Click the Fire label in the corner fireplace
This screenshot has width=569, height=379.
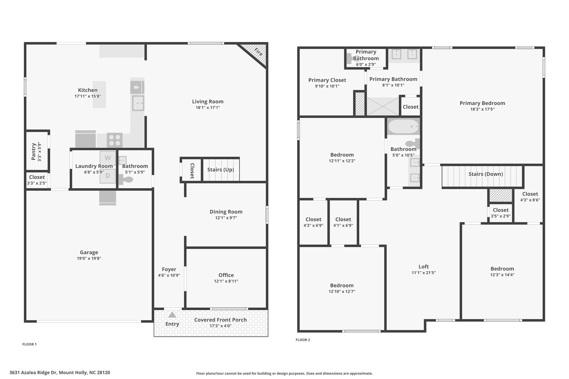[x=258, y=52]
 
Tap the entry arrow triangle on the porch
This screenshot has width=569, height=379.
[x=172, y=315]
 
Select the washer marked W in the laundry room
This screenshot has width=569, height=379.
[x=108, y=158]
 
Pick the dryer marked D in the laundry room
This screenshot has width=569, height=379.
[x=108, y=176]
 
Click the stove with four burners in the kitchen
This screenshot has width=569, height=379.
[x=115, y=140]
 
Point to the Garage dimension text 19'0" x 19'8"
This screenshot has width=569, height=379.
[x=89, y=258]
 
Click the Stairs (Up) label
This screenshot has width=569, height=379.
[x=221, y=169]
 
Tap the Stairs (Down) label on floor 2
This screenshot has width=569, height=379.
[x=486, y=174]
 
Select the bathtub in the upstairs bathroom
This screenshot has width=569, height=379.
[x=403, y=127]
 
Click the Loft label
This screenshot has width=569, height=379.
[x=424, y=267]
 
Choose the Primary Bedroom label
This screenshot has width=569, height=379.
[x=482, y=103]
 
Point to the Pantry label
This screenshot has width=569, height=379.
[x=34, y=151]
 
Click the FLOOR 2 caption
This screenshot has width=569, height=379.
[x=303, y=340]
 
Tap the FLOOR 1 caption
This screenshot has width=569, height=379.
[x=29, y=344]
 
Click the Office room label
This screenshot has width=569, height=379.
[x=226, y=275]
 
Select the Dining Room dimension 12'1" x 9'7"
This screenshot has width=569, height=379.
[x=226, y=218]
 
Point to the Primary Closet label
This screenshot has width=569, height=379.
[x=327, y=80]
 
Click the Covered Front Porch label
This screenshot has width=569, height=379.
[x=221, y=320]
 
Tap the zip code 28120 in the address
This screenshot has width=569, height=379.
[x=103, y=373]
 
